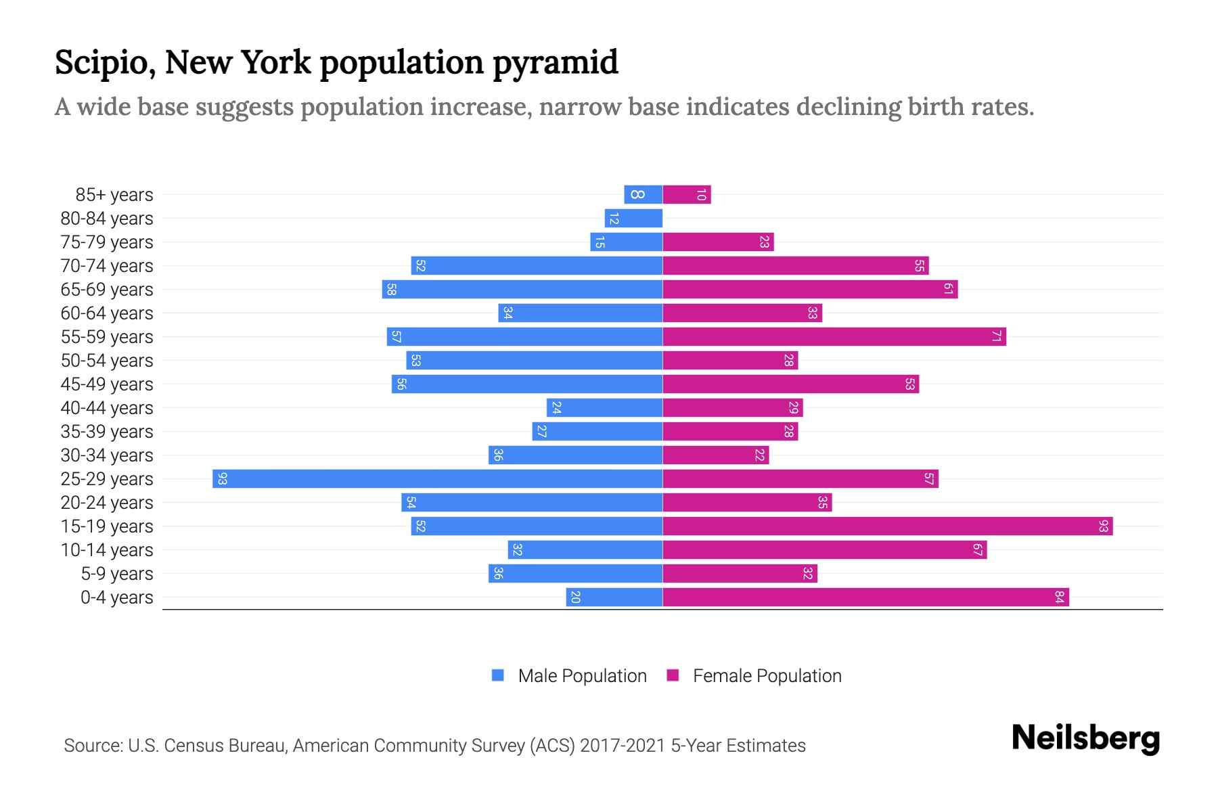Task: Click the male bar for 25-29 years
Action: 437,478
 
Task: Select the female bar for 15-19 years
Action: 887,526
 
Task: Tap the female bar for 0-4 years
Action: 865,597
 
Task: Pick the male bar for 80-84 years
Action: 633,218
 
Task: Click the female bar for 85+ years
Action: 686,195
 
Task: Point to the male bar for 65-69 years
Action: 522,289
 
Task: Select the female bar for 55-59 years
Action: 834,336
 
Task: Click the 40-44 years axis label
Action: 107,408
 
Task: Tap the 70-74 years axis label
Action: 107,266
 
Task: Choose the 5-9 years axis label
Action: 117,574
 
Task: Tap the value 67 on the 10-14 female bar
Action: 977,549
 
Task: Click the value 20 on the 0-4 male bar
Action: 575,597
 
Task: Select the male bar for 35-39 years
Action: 597,431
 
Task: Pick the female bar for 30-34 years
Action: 715,455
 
